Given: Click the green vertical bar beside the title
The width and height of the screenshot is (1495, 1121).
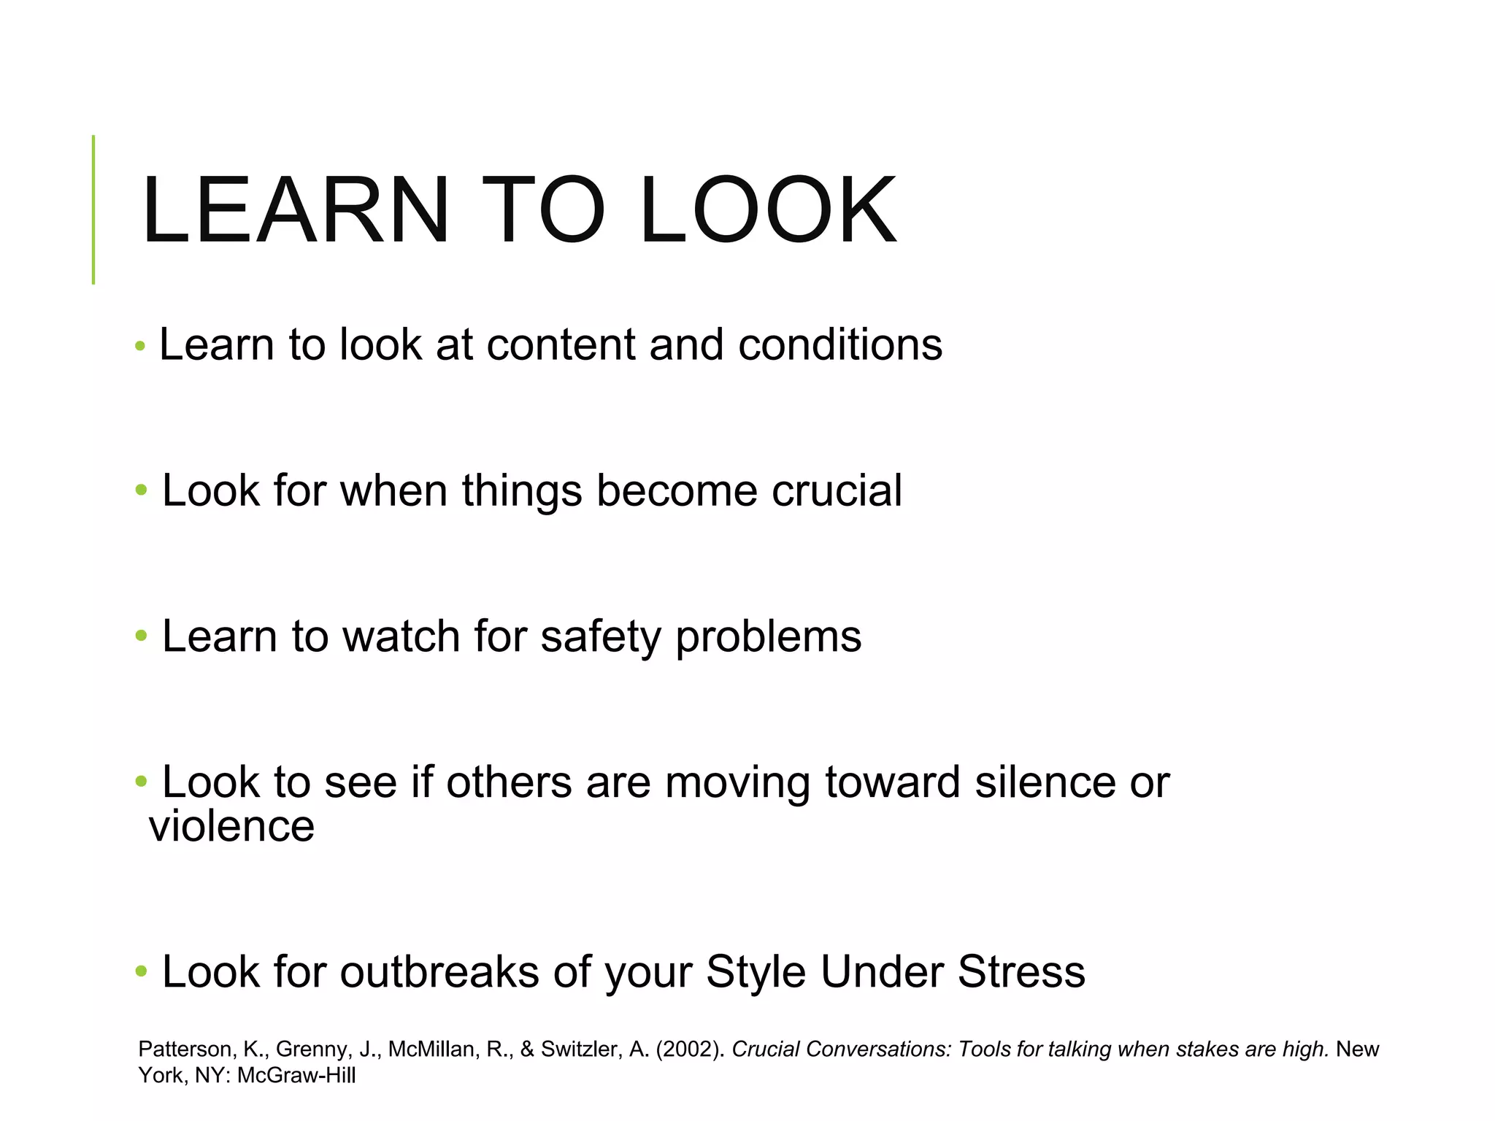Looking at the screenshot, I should tap(93, 209).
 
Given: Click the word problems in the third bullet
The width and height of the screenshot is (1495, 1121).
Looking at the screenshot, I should tap(768, 636).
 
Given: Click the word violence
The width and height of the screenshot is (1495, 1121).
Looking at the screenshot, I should tap(231, 826).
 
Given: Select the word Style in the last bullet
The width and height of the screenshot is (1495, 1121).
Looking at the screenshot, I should tap(755, 972).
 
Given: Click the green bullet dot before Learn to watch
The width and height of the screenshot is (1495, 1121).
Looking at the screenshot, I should tap(141, 636).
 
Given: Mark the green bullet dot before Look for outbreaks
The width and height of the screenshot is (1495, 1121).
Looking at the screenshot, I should tap(141, 972).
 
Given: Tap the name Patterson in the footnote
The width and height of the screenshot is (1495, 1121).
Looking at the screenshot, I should tap(185, 1049).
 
